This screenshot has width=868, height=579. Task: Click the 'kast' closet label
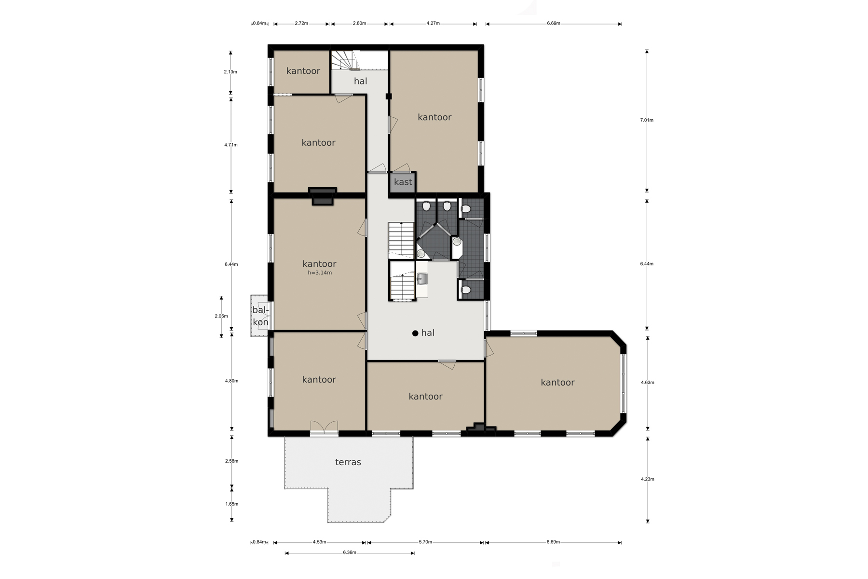403,182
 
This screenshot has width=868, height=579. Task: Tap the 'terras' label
348,462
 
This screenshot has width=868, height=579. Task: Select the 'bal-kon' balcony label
260,317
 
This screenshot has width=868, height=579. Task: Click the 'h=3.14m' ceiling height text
320,273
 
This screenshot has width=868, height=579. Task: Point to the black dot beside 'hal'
415,333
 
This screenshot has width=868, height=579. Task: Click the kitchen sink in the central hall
422,278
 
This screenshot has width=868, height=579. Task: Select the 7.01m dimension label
647,120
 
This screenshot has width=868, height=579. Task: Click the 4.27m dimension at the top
433,23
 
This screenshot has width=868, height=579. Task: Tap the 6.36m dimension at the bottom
350,552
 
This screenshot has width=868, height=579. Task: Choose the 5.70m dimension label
425,542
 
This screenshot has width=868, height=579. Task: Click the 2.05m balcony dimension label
221,316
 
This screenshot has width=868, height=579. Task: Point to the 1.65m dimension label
231,504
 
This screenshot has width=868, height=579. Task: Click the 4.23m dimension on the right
648,479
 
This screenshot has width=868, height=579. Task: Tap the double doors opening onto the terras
324,428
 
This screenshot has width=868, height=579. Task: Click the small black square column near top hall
389,96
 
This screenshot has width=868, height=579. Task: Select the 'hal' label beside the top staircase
361,81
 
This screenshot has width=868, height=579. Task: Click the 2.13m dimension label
231,72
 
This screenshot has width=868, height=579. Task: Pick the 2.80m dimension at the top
359,23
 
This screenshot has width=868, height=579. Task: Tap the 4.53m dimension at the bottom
319,542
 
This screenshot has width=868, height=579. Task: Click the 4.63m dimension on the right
648,383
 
